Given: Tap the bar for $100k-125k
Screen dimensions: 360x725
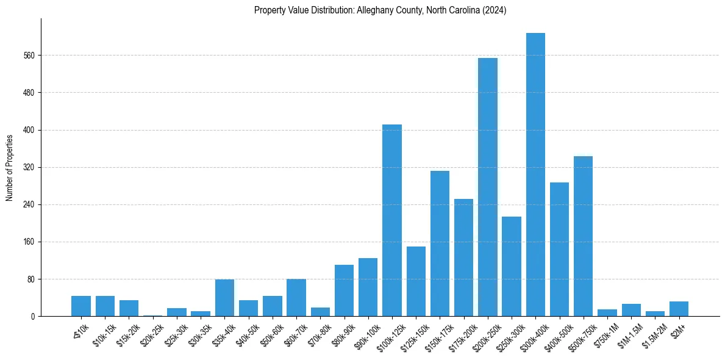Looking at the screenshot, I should [392, 220].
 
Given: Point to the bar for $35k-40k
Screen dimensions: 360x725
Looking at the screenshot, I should [224, 298].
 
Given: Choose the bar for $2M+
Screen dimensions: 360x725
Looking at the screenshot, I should [679, 309].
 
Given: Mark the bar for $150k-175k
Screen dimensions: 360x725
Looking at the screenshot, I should [440, 243].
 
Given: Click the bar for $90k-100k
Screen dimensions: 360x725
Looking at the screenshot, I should [368, 287].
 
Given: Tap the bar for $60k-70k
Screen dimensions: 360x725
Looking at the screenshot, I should [296, 298].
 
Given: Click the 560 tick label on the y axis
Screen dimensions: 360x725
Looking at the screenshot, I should [29, 56].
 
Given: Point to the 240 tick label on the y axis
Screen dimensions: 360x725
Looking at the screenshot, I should [29, 204].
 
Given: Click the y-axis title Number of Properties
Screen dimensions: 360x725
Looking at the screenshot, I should [10, 167].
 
